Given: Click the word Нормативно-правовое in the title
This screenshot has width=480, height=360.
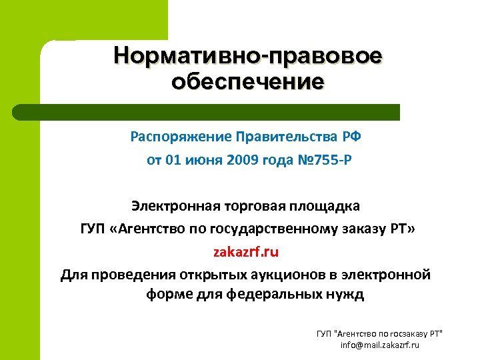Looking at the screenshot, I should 247,55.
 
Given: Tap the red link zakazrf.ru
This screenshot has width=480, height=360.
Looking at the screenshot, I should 247,253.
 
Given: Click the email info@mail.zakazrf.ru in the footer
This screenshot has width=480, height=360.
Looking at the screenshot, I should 379,345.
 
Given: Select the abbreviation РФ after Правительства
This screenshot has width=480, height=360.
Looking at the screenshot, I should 351,137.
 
